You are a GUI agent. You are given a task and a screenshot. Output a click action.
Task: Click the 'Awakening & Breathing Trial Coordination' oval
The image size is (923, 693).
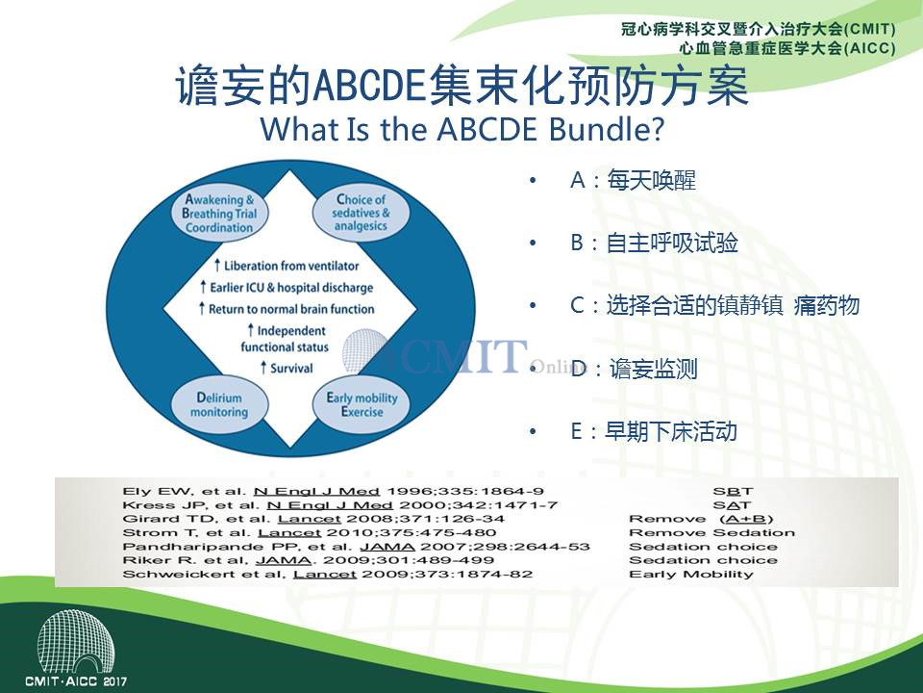click(x=219, y=213)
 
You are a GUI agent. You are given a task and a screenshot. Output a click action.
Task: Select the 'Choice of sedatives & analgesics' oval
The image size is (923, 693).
click(x=361, y=213)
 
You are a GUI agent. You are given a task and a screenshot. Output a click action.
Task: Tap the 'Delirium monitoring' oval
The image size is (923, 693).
click(x=219, y=405)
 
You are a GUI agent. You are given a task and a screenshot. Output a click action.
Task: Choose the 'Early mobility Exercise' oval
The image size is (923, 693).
click(x=362, y=405)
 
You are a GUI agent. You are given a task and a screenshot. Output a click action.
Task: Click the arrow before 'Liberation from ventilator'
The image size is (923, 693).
click(x=216, y=266)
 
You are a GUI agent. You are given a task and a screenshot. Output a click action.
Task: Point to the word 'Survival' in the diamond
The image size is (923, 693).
click(x=291, y=369)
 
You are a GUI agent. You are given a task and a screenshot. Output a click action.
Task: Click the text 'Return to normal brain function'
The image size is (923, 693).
click(x=291, y=309)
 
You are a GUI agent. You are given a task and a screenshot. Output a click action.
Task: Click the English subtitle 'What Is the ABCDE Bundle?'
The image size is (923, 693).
click(x=462, y=128)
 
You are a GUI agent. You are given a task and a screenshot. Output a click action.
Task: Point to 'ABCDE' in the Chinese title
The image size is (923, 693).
click(x=369, y=87)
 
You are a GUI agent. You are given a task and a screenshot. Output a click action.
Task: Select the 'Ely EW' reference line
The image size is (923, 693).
click(x=334, y=492)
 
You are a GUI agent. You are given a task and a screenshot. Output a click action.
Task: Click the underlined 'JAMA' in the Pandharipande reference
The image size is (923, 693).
click(x=387, y=547)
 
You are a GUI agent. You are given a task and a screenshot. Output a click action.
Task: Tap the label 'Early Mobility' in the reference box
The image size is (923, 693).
click(x=691, y=575)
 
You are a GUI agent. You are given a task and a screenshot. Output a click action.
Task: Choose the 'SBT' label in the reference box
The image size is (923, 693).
click(x=733, y=492)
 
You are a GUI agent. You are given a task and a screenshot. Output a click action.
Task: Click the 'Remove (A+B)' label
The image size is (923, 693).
click(x=701, y=519)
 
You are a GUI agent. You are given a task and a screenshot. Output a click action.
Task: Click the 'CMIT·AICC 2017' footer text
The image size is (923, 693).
click(x=76, y=681)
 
